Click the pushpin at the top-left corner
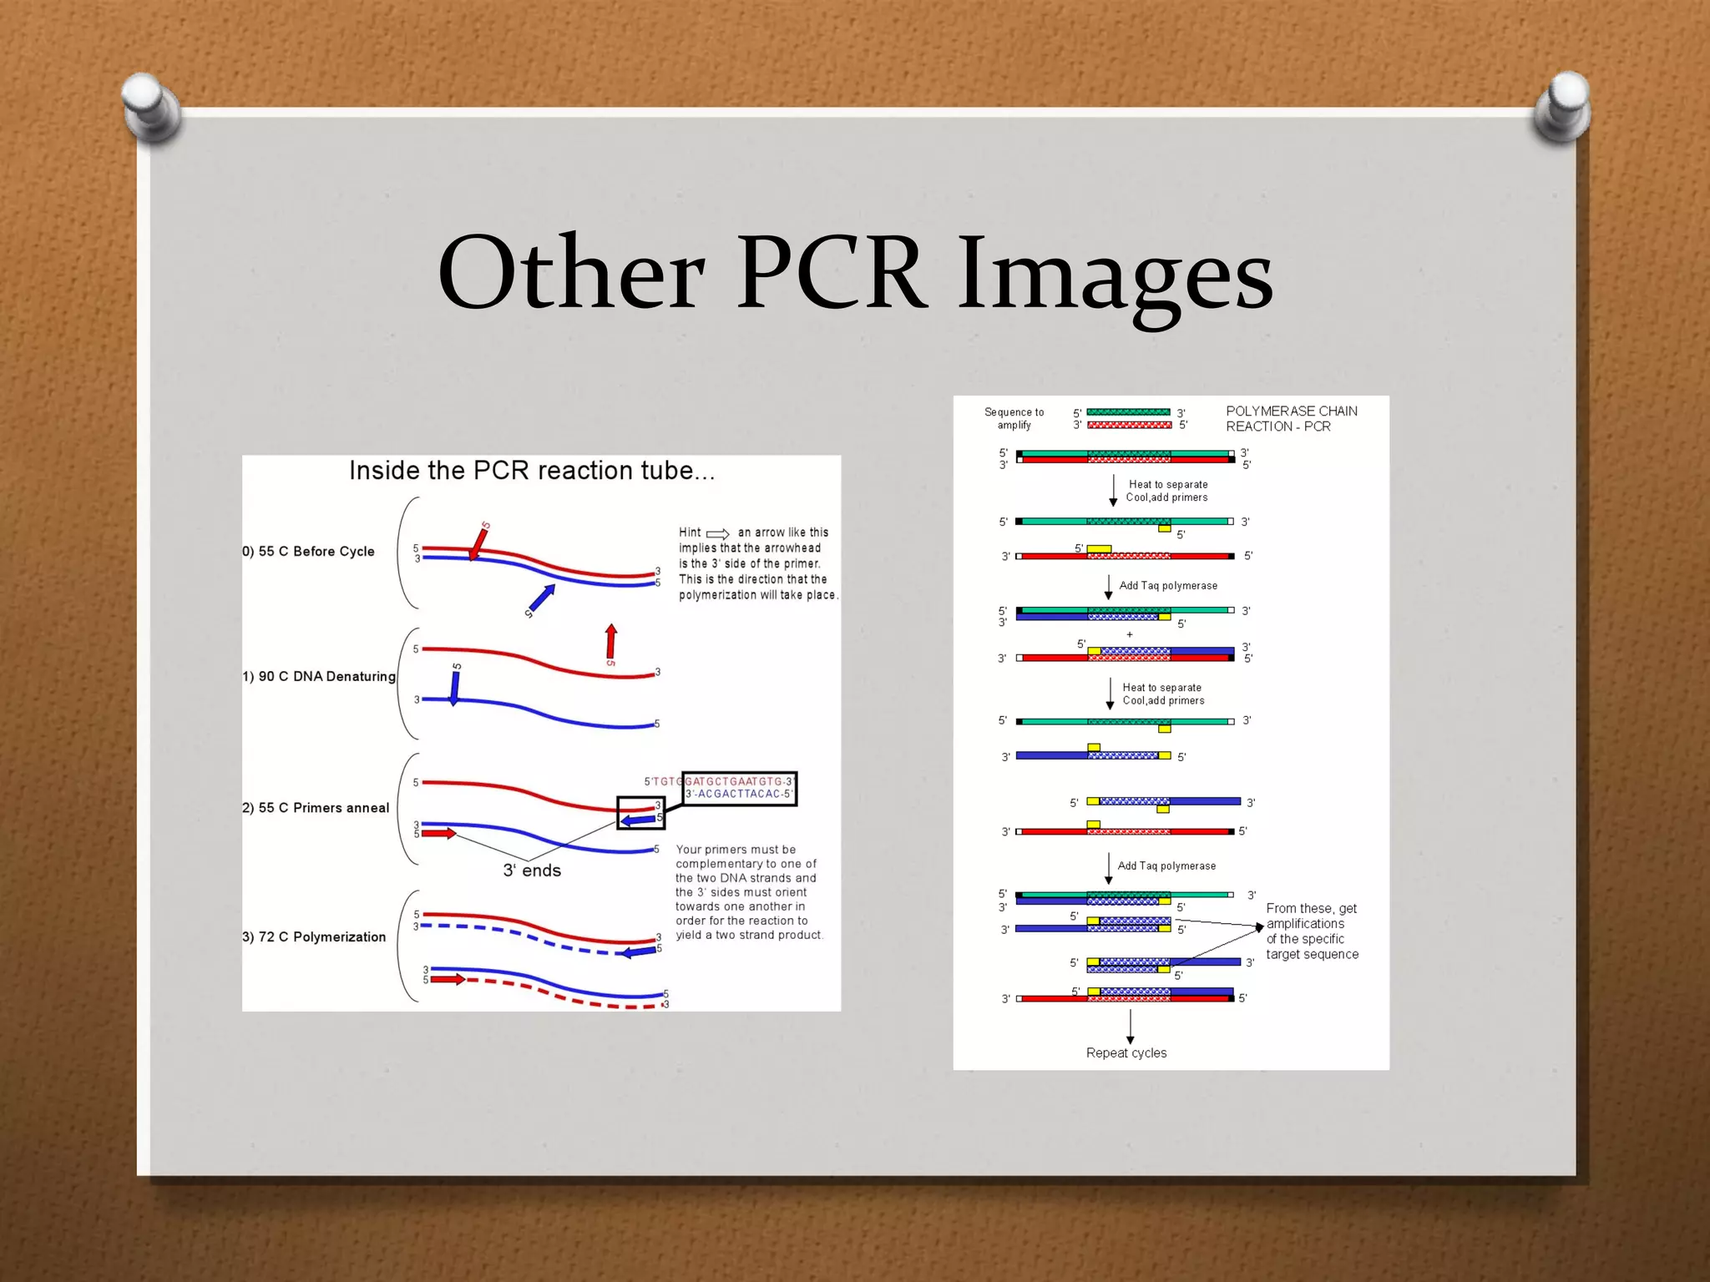[152, 107]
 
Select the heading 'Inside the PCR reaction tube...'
[532, 471]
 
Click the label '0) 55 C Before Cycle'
[309, 552]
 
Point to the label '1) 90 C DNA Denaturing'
[319, 677]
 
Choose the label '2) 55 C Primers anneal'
[316, 808]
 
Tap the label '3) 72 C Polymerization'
[314, 937]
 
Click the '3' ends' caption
[532, 871]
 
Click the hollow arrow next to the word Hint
[718, 533]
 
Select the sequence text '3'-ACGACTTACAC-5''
[739, 795]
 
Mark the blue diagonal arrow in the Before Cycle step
[541, 599]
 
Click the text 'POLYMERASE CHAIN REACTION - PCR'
[1291, 419]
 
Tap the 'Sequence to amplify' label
[1014, 419]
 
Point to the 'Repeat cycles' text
[1126, 1053]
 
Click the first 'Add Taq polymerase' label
[1168, 586]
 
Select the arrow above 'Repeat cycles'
[1131, 1027]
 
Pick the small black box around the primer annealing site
[640, 813]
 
